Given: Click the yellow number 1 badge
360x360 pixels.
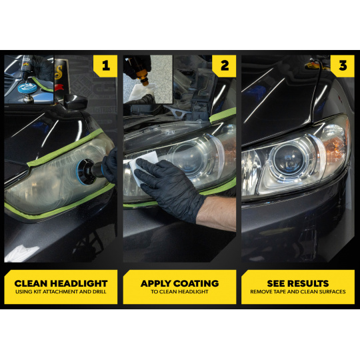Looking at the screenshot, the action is click(105, 66).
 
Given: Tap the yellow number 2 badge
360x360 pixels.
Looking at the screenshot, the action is click(224, 66).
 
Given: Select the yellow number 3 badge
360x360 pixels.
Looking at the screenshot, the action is click(343, 66).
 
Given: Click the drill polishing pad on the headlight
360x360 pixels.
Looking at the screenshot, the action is click(87, 171).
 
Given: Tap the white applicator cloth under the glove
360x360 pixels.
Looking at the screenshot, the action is click(143, 166).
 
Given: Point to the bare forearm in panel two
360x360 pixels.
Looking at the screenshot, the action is click(217, 213).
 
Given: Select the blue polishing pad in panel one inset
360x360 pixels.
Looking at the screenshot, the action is click(27, 87).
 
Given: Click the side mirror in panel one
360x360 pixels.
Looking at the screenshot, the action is click(75, 101).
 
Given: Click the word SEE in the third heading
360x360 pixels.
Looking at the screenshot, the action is click(275, 283).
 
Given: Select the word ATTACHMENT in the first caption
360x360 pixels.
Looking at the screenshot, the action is click(61, 292).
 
